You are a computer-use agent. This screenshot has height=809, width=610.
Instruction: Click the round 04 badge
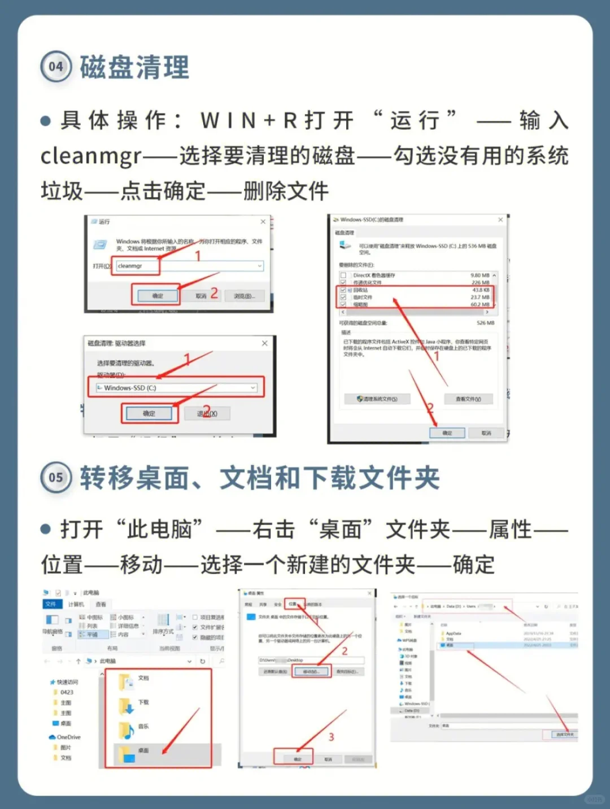[x=55, y=67]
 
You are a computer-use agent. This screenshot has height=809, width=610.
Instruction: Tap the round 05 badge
[x=55, y=478]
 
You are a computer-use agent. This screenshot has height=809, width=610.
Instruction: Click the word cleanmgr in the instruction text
[x=90, y=156]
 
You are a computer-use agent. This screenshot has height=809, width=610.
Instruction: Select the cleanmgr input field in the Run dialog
[x=189, y=266]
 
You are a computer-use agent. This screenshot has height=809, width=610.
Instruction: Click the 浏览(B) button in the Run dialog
[x=244, y=296]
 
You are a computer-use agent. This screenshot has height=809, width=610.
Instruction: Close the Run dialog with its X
[x=263, y=222]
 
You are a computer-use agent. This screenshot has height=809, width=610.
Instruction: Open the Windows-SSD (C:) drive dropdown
[x=176, y=388]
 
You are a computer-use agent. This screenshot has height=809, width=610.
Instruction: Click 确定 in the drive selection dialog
[x=149, y=414]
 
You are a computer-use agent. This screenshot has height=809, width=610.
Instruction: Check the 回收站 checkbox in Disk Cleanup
[x=343, y=290]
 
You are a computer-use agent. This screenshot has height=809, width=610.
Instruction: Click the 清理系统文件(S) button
[x=377, y=399]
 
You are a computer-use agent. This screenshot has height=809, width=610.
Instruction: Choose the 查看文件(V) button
[x=468, y=399]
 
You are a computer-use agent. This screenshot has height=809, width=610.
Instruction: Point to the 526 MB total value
[x=485, y=323]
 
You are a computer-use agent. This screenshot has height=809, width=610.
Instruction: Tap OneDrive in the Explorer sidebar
[x=68, y=737]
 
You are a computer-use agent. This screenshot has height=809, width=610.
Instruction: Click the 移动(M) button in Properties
[x=311, y=672]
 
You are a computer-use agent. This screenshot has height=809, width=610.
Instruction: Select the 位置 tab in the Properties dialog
[x=293, y=604]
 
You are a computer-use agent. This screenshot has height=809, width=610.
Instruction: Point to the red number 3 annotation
[x=331, y=737]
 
